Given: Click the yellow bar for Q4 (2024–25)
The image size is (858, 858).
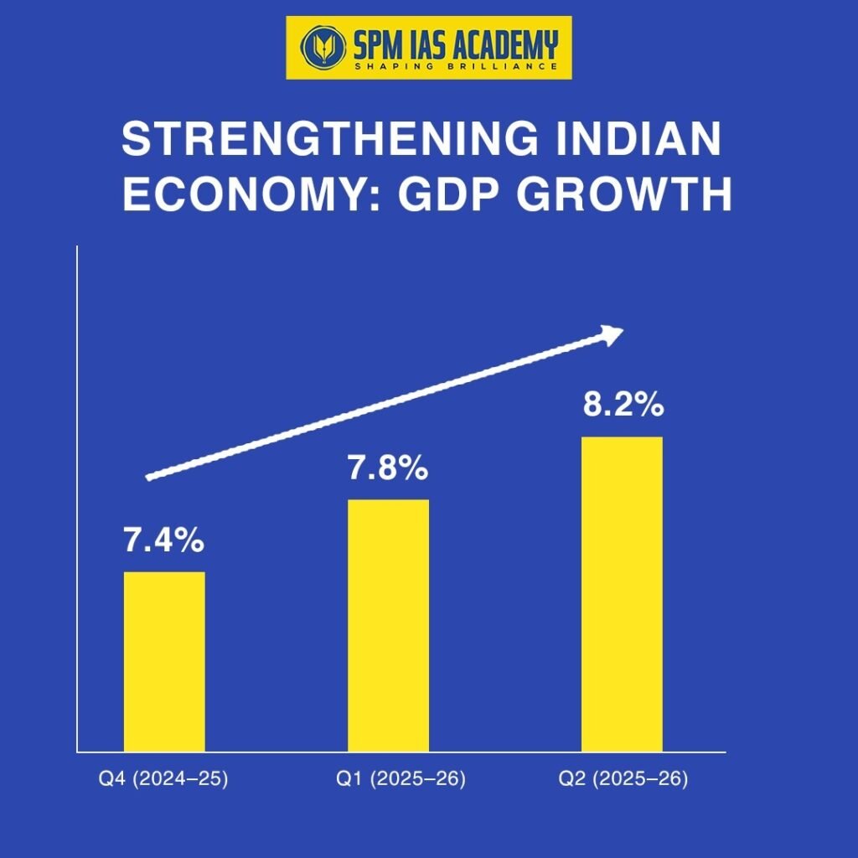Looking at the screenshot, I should [164, 661].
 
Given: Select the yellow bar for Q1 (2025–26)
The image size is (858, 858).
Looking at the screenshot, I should [389, 625].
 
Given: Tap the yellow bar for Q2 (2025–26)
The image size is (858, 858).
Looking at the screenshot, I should [622, 593].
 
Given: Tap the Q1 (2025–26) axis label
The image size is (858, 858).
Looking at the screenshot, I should [401, 779].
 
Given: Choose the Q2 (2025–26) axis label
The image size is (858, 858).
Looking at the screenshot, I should [623, 779].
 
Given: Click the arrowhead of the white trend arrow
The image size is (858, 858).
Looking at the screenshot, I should [615, 333].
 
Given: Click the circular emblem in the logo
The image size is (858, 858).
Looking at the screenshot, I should [318, 46].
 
